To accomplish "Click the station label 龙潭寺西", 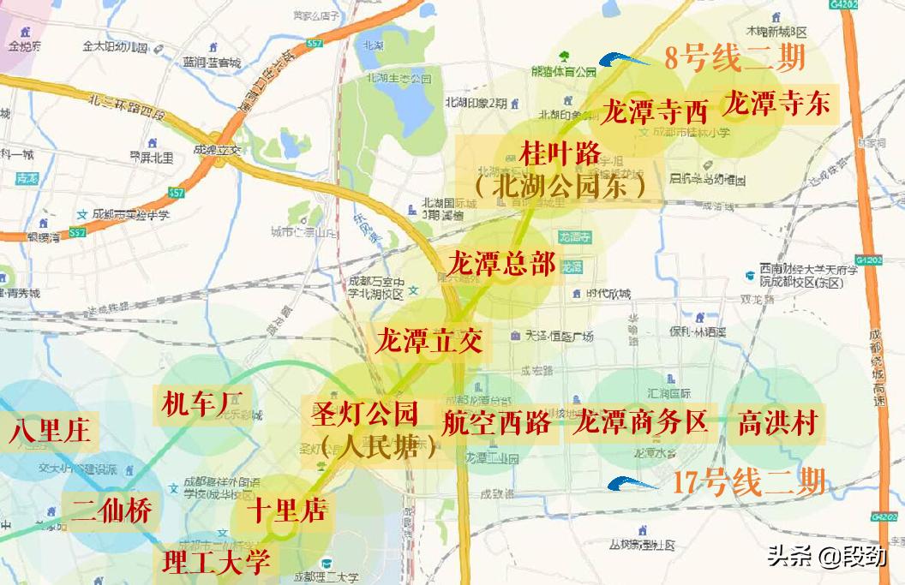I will (656, 110).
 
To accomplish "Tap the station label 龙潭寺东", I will (776, 104).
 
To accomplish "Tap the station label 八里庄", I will (50, 430).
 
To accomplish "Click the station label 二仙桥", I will (112, 510).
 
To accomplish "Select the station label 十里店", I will (288, 511).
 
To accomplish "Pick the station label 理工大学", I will (217, 562).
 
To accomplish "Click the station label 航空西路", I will (497, 422).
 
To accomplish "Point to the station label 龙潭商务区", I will (641, 422).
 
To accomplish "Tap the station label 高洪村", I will (777, 423).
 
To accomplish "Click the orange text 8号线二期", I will (734, 59).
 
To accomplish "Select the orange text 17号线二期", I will (749, 482).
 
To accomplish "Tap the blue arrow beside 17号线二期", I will (632, 483).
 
